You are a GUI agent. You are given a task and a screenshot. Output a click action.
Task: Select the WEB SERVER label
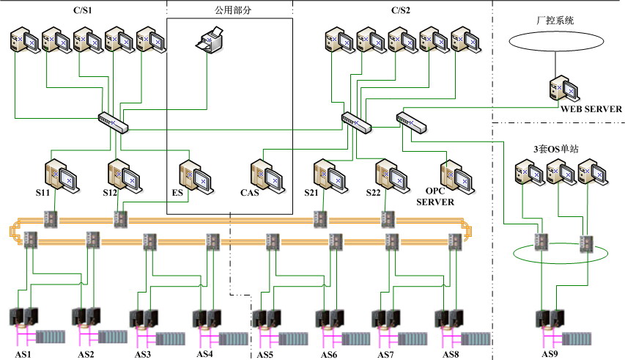click(x=591, y=109)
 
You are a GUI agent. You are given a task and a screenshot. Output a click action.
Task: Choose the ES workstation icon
click(x=196, y=175)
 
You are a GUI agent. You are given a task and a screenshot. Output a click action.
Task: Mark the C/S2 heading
click(x=401, y=10)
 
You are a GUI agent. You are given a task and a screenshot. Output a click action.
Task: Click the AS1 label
click(x=25, y=355)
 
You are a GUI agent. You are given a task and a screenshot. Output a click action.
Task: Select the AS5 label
click(x=265, y=355)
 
